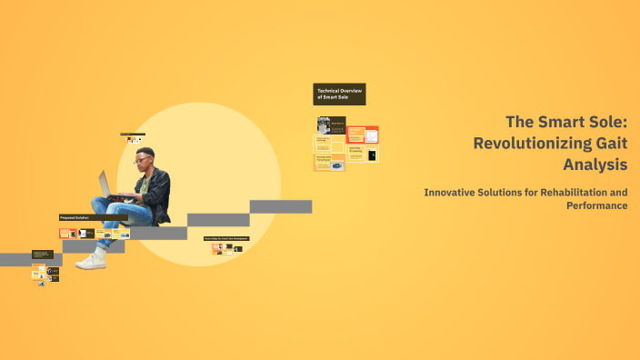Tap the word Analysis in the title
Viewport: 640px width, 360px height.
(x=595, y=165)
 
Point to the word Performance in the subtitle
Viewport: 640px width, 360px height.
(x=596, y=205)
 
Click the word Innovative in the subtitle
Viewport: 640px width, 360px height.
(x=451, y=193)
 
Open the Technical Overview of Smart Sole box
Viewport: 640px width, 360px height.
(x=339, y=94)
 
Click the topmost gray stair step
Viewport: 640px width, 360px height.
(x=281, y=206)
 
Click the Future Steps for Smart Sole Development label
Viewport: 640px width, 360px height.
(x=226, y=239)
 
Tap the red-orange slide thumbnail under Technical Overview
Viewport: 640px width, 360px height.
(x=355, y=135)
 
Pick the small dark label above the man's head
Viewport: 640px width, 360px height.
(x=133, y=135)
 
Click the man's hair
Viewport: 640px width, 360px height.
(x=146, y=151)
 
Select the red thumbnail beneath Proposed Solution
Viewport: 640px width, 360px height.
(x=65, y=234)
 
